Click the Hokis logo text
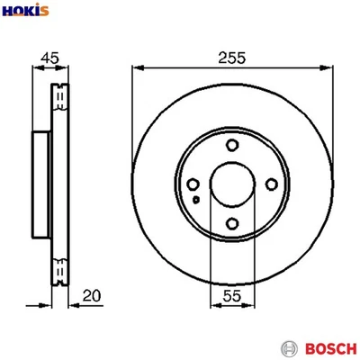click(x=25, y=12)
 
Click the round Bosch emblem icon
click(x=290, y=347)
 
